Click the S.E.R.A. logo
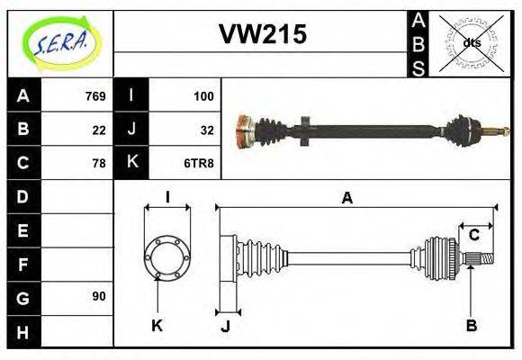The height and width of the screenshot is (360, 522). click(x=60, y=43)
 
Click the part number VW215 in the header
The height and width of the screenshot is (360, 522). click(x=263, y=34)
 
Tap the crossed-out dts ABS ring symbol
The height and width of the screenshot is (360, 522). click(x=471, y=43)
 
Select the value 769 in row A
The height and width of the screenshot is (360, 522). click(x=95, y=95)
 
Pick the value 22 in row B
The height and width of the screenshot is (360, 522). click(x=99, y=130)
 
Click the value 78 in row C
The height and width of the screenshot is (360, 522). click(x=99, y=163)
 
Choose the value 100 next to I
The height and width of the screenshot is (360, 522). click(x=203, y=95)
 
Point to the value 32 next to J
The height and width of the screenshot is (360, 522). click(x=207, y=130)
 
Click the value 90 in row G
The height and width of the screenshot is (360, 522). click(x=99, y=296)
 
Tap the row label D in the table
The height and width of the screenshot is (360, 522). click(x=22, y=196)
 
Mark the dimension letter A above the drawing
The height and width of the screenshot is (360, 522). click(x=346, y=198)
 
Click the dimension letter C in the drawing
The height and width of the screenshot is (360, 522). click(x=473, y=235)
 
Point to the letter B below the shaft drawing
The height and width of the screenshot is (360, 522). click(x=471, y=325)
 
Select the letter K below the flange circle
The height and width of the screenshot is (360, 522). click(x=157, y=325)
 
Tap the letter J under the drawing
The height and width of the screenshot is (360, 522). click(x=227, y=326)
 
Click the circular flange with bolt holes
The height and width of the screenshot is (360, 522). click(x=167, y=256)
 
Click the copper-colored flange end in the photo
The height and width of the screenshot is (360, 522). click(x=243, y=133)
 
